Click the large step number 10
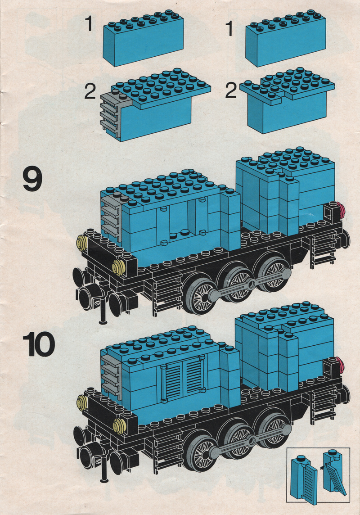click(39, 344)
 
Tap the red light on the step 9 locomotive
click(342, 209)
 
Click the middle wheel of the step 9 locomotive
click(237, 283)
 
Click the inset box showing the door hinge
click(318, 474)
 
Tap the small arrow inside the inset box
click(323, 465)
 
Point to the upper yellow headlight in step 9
click(82, 244)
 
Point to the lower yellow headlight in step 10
click(119, 426)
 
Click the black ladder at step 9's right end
click(323, 248)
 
